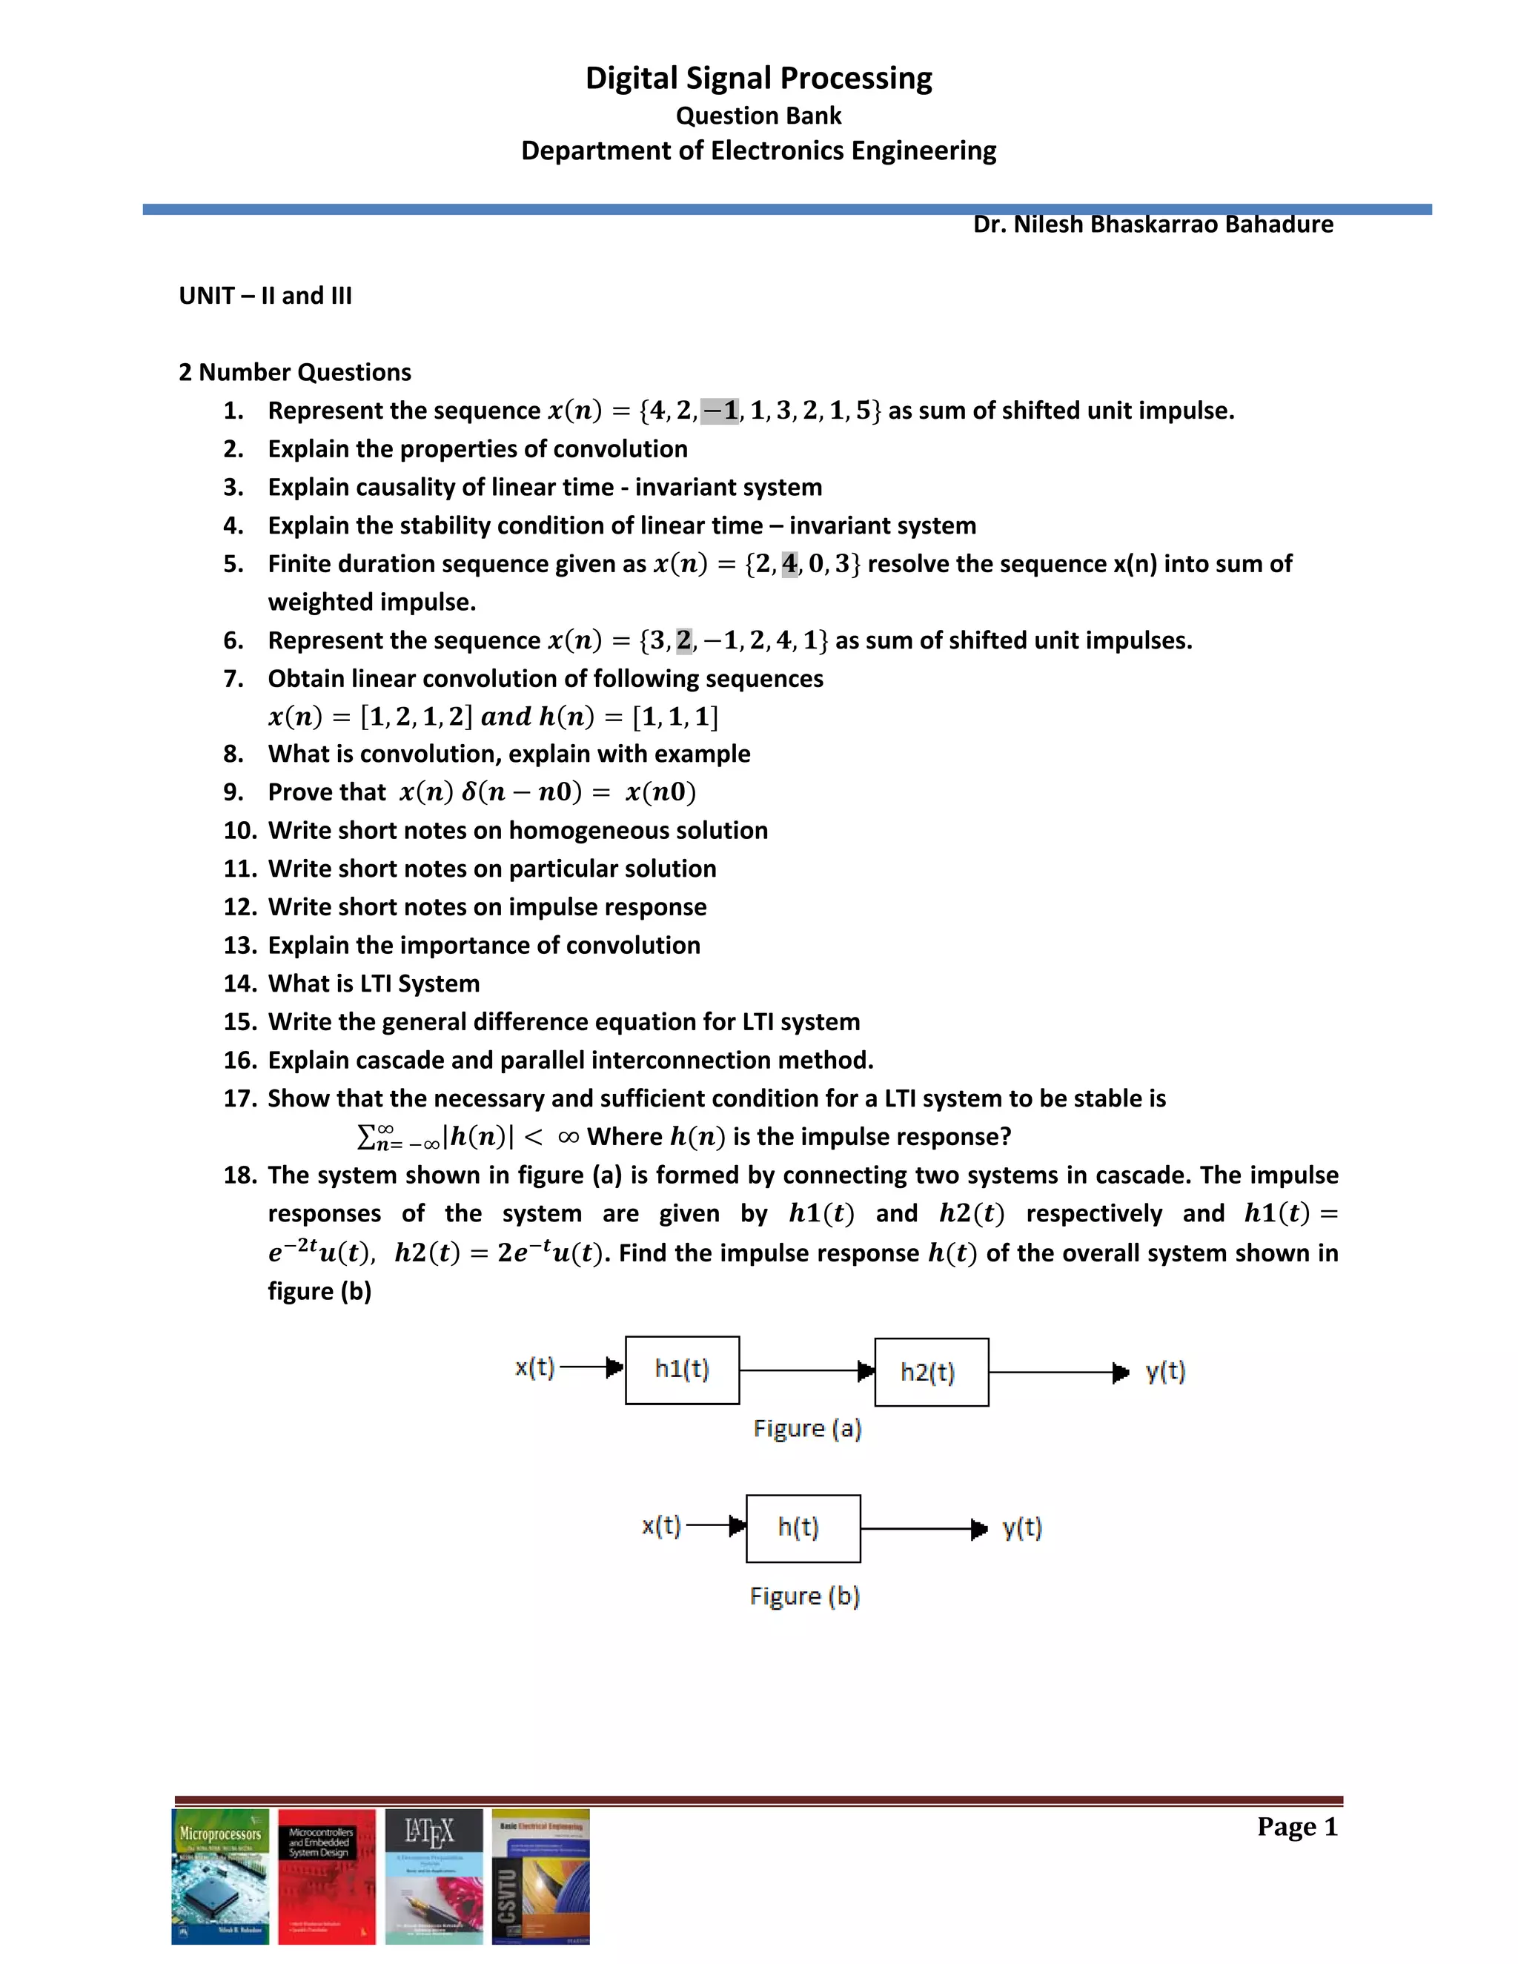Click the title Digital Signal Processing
tap(758, 79)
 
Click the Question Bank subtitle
tap(758, 116)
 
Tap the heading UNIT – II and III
tap(265, 296)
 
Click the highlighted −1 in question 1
tap(720, 411)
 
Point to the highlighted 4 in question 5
tap(789, 564)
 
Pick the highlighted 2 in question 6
tap(684, 640)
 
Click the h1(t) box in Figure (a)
tap(682, 1370)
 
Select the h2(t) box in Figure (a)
tap(931, 1373)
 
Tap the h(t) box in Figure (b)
tap(802, 1528)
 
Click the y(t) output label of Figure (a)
tap(1165, 1373)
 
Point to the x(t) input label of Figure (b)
tap(661, 1526)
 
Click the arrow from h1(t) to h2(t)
tap(806, 1370)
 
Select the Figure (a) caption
tap(806, 1429)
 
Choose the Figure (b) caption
tap(804, 1596)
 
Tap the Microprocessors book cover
tap(220, 1876)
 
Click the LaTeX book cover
tap(434, 1876)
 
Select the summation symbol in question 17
tap(367, 1138)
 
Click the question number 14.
tap(240, 983)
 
